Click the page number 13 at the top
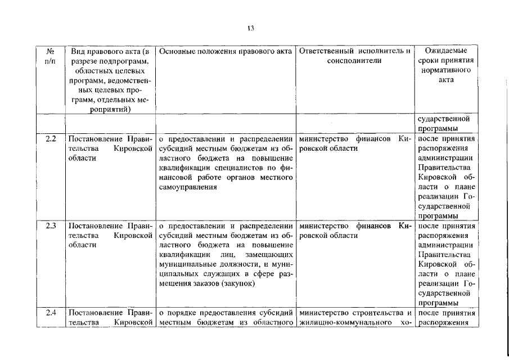tap(250, 29)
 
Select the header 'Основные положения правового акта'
tap(225, 51)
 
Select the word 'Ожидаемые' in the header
tap(446, 51)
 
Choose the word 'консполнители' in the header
tap(354, 61)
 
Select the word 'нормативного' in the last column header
tap(446, 71)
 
